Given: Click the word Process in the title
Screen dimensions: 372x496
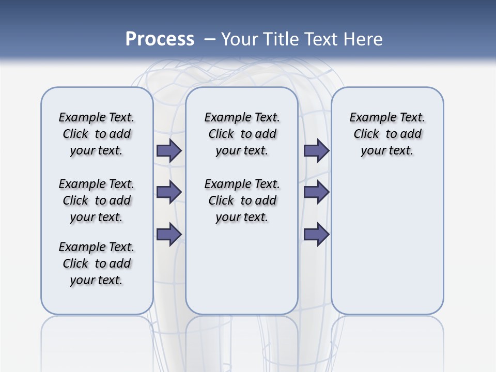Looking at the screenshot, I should point(160,39).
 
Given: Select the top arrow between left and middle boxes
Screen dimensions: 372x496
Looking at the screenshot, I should point(168,150).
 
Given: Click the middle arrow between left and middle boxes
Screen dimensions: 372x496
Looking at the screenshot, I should point(168,192).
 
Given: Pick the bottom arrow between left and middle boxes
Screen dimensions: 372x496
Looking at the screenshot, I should point(168,234).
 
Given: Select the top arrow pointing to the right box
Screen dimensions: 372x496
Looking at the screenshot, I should point(316,150).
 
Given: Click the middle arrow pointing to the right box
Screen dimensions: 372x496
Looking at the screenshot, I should point(316,192).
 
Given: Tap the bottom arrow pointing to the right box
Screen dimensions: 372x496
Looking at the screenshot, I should point(316,234).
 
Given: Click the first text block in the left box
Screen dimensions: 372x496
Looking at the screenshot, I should point(97,134).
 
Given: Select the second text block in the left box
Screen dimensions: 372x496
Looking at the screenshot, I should point(97,200).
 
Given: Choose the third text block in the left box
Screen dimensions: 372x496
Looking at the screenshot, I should point(97,263).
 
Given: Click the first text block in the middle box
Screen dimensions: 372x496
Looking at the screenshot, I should point(242,134).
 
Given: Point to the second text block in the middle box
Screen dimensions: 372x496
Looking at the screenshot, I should point(242,200).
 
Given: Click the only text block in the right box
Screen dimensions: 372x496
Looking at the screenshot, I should point(387,134).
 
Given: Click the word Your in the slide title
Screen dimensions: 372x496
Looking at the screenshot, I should point(239,39).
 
